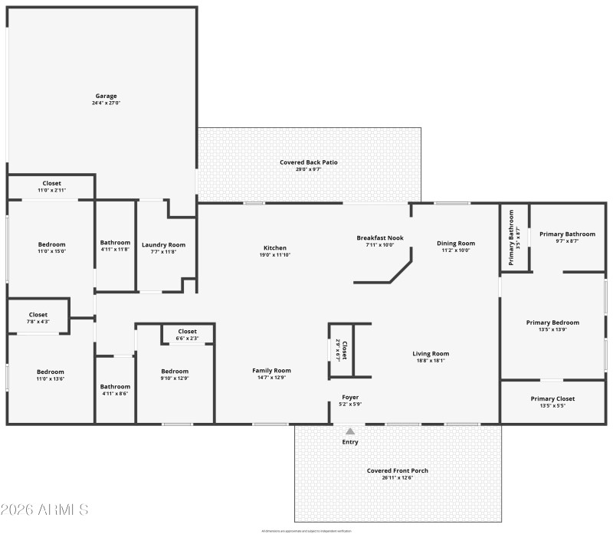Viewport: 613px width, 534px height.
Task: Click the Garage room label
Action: point(107,95)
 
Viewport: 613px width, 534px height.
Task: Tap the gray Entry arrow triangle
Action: point(350,431)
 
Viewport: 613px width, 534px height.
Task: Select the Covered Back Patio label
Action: point(309,162)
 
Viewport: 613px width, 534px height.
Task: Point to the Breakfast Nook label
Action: point(380,238)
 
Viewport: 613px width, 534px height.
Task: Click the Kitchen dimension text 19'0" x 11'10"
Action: point(275,255)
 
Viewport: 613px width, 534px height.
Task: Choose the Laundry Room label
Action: point(162,245)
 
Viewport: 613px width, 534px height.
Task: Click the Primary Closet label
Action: point(552,398)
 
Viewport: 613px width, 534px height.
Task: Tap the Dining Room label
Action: point(457,244)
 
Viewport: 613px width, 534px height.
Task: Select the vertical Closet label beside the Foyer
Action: point(344,350)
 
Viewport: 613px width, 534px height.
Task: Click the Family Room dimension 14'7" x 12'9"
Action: point(272,378)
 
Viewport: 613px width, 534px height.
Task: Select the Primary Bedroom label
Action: point(552,323)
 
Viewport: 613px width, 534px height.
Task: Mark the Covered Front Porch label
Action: point(397,470)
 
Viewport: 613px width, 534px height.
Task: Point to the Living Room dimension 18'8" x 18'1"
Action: point(433,361)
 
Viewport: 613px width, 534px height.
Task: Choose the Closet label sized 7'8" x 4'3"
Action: point(38,315)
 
